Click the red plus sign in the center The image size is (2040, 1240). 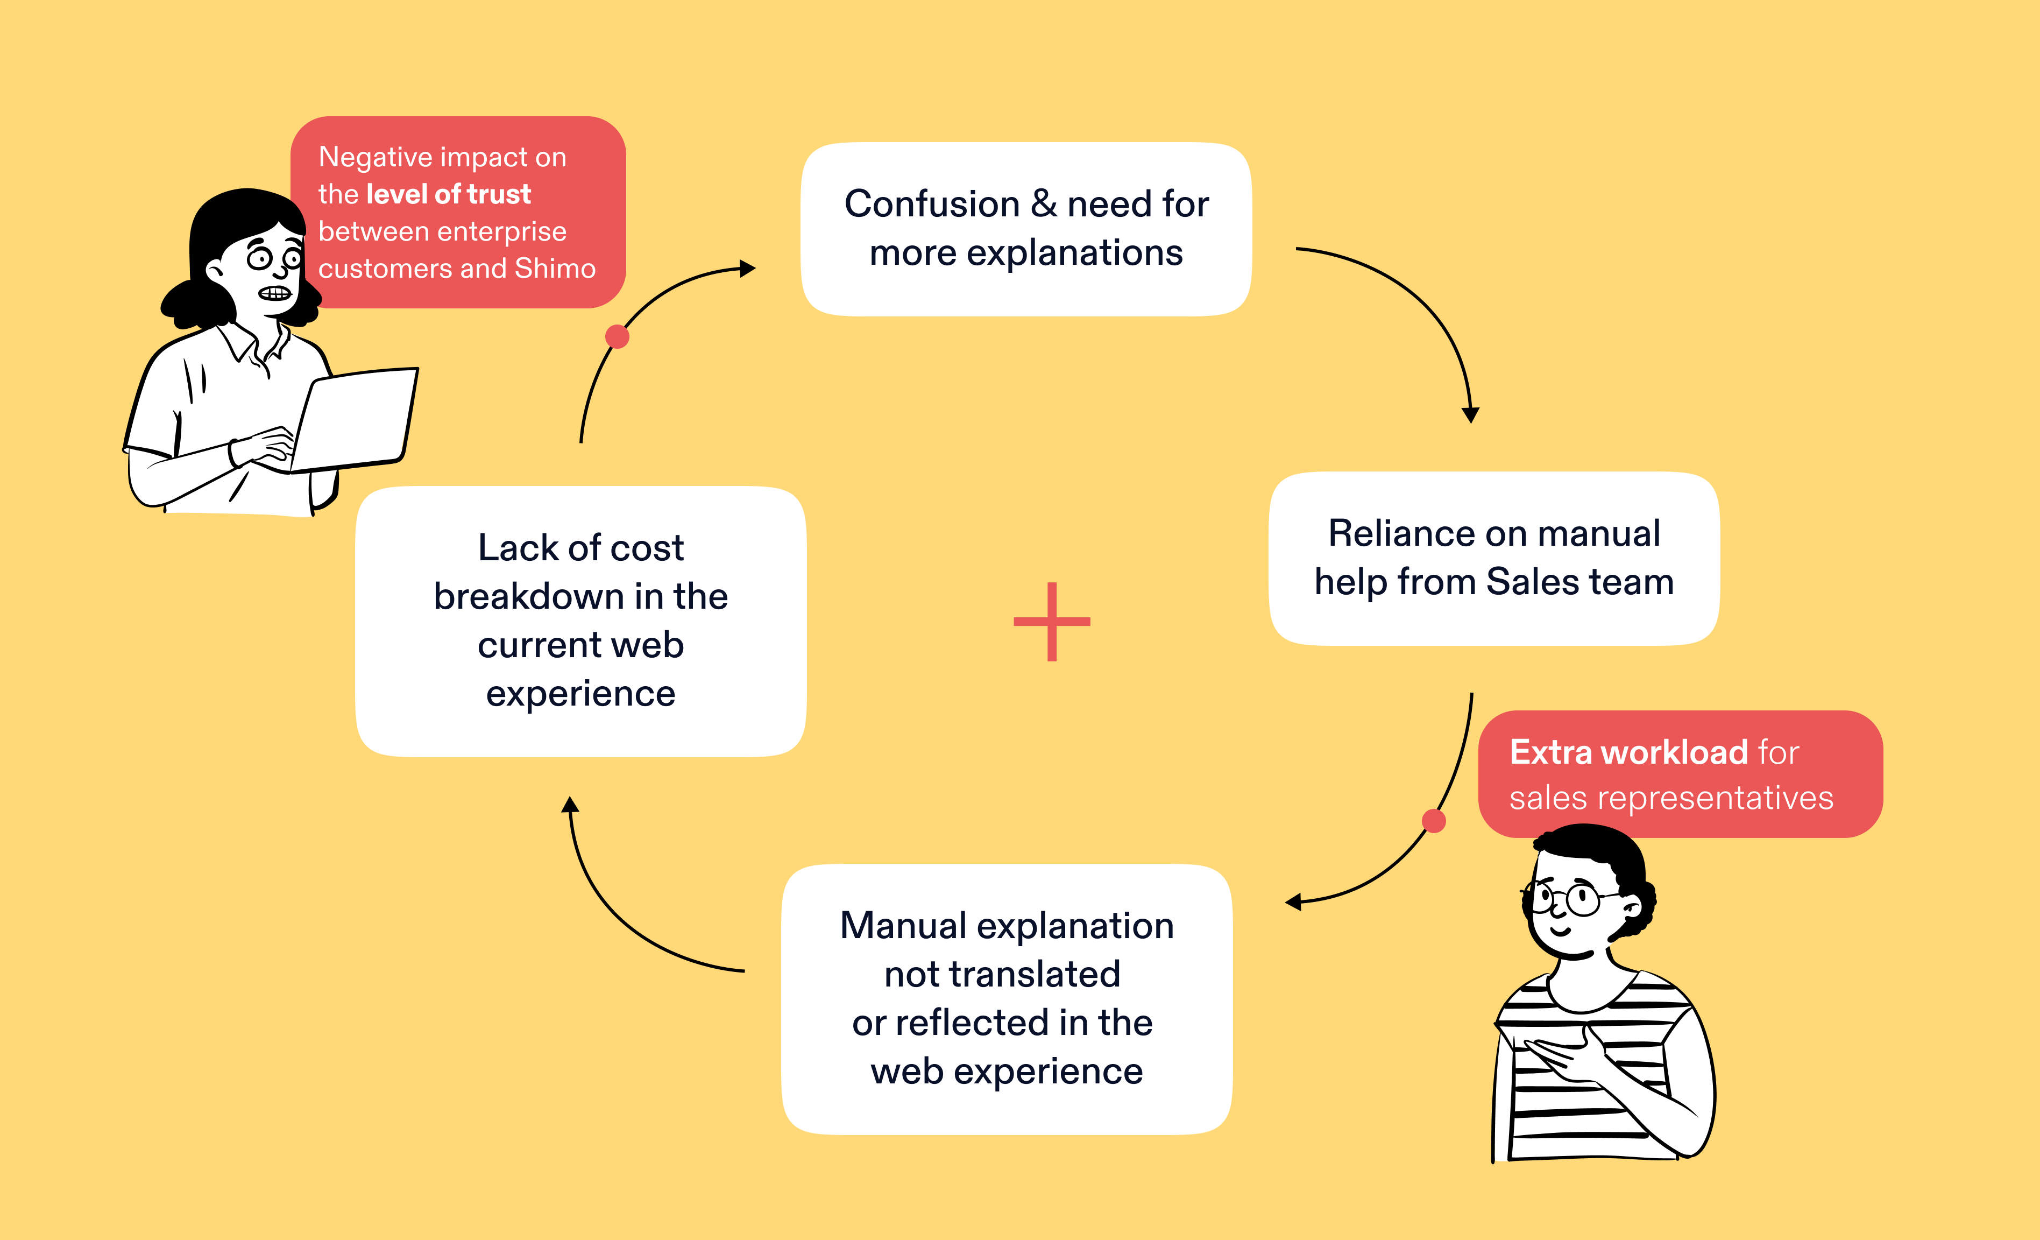tap(1051, 621)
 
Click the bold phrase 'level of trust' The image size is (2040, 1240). tap(448, 194)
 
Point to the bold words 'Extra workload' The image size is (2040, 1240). tap(1628, 752)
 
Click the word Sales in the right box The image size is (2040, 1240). tap(1533, 581)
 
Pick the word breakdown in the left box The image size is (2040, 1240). tap(528, 596)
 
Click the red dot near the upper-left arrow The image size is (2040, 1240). tap(617, 336)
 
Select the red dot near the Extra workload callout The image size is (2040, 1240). tap(1434, 821)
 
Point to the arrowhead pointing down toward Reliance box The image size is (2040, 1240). tap(1470, 415)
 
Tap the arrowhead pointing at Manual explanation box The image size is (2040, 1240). tap(1293, 902)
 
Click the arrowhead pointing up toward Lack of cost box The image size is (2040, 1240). tap(570, 804)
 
